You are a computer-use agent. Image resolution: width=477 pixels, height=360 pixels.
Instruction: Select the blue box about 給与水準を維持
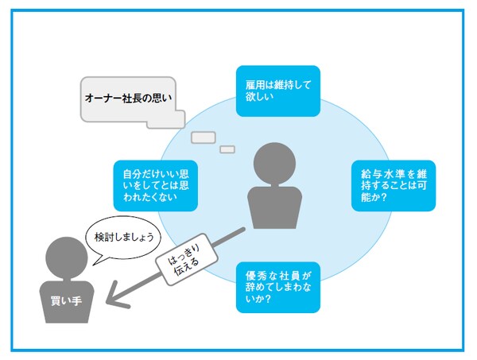[394, 185]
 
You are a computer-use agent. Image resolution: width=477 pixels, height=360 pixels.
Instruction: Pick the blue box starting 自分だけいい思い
[155, 184]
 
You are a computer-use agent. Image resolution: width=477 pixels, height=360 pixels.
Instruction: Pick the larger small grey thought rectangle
[204, 137]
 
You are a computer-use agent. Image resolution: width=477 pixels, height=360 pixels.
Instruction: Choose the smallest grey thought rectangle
[227, 149]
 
